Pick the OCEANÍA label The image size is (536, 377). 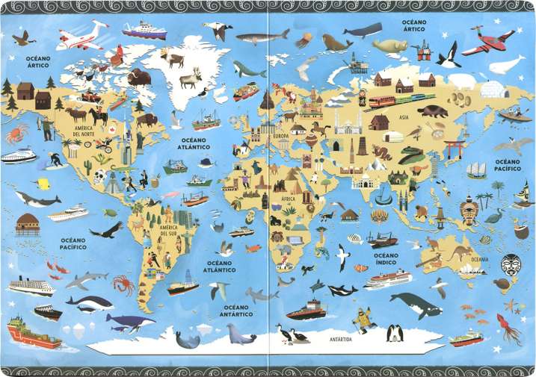tap(479, 260)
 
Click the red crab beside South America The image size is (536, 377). tap(123, 284)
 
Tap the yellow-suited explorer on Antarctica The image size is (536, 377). tap(363, 319)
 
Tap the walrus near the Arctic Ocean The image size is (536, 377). tap(338, 43)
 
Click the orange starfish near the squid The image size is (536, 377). tap(512, 305)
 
